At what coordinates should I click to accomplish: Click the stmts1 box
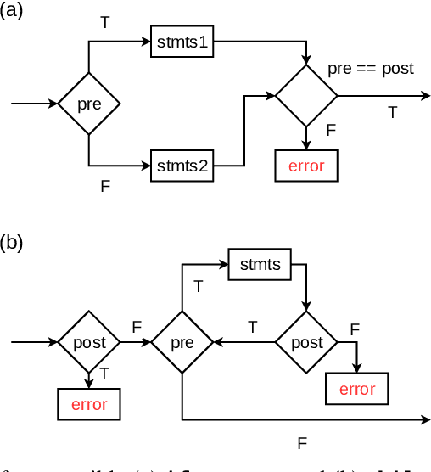point(182,42)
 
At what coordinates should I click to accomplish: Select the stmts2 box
point(182,165)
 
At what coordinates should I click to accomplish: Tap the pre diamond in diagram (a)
point(89,104)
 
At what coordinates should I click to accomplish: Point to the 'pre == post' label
point(371,69)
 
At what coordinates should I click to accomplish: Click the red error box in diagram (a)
point(306,166)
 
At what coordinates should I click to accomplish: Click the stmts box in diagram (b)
point(260,264)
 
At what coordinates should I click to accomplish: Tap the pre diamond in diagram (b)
point(182,343)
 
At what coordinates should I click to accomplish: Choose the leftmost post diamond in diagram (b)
point(89,343)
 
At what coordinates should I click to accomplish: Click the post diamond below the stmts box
point(306,343)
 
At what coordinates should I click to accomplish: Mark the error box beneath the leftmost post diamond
point(89,404)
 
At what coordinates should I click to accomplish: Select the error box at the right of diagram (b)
point(357,390)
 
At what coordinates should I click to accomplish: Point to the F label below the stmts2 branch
point(105,186)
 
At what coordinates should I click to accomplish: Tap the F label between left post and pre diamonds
point(137,326)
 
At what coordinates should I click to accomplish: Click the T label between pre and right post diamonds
point(252,326)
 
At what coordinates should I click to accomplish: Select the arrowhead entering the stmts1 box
point(146,42)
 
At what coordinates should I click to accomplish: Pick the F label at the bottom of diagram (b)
point(301,442)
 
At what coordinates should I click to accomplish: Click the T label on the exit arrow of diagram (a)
point(392,112)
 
